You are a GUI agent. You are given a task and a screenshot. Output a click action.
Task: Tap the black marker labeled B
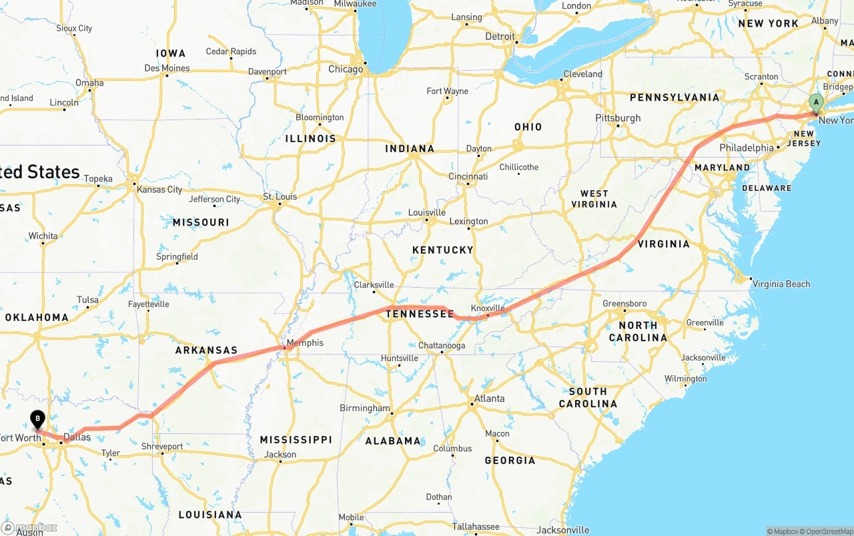point(38,419)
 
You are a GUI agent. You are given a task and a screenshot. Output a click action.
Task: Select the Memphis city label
point(305,343)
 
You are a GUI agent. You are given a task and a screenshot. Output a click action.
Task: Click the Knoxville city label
point(488,308)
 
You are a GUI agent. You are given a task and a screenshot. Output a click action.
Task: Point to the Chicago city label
point(346,69)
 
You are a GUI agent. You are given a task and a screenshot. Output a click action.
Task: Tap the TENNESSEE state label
point(420,314)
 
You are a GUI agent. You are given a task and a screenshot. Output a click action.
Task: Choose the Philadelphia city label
point(747,148)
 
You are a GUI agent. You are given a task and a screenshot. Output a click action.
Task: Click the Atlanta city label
point(489,398)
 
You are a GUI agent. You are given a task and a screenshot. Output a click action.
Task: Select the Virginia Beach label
point(781,284)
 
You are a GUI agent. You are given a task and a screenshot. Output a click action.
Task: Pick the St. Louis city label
point(280,196)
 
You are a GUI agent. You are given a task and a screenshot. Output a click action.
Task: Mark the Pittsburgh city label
point(618,118)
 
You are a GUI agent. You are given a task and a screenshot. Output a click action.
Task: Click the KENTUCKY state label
point(442,250)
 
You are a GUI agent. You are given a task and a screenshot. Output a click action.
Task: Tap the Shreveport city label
point(162,447)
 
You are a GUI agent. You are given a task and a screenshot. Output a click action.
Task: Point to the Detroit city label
point(500,37)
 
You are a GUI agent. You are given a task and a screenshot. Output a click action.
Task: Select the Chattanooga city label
point(442,346)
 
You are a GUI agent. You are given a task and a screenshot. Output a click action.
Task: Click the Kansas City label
point(159,190)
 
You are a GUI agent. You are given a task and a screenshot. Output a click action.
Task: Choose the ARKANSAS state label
point(206,350)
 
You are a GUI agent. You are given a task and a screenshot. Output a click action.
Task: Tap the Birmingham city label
point(364,408)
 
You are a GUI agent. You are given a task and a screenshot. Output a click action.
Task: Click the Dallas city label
point(77,437)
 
